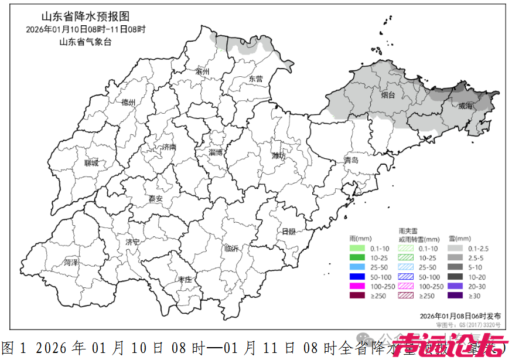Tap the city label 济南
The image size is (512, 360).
click(169, 147)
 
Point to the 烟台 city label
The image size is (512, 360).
click(388, 94)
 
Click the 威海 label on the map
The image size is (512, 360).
click(466, 106)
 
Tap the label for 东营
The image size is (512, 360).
click(255, 79)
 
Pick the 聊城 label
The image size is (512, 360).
click(92, 163)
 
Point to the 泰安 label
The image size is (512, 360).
click(155, 199)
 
